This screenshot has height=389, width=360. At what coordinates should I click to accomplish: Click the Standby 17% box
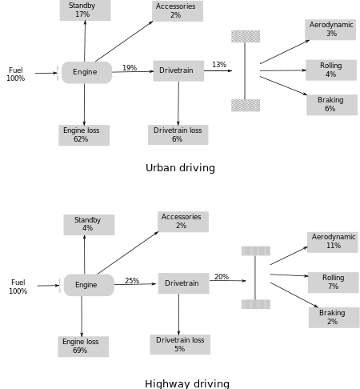click(x=85, y=10)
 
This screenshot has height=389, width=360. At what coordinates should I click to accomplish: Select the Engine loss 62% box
click(x=84, y=135)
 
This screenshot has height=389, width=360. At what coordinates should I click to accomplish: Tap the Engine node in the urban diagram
click(x=86, y=73)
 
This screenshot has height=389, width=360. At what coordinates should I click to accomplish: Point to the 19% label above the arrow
click(x=130, y=68)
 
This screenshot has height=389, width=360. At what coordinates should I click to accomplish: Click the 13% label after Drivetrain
click(x=219, y=65)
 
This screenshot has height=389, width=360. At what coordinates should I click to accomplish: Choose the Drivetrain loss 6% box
click(x=178, y=134)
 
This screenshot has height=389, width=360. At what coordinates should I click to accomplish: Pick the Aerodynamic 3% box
click(x=330, y=30)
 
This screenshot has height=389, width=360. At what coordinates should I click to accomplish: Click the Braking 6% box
click(x=332, y=105)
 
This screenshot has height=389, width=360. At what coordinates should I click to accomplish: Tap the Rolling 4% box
click(x=331, y=70)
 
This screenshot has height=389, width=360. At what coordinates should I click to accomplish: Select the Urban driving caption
click(x=180, y=168)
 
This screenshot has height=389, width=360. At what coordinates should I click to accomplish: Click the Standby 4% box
click(x=89, y=225)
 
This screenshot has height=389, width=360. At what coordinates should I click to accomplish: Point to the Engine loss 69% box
click(x=83, y=347)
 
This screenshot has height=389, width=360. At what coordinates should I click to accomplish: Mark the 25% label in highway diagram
click(x=132, y=281)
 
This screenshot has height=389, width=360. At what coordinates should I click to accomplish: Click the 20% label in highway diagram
click(x=222, y=277)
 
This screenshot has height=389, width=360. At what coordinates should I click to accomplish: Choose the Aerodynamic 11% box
click(x=333, y=243)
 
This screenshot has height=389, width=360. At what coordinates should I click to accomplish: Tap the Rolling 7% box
click(x=334, y=283)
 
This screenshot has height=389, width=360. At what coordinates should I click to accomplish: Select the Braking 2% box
click(x=334, y=318)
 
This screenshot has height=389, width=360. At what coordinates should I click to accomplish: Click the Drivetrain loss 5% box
click(x=180, y=344)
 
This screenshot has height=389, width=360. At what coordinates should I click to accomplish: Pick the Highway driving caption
click(x=187, y=383)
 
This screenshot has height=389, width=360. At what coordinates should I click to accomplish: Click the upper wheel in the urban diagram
click(x=246, y=36)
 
